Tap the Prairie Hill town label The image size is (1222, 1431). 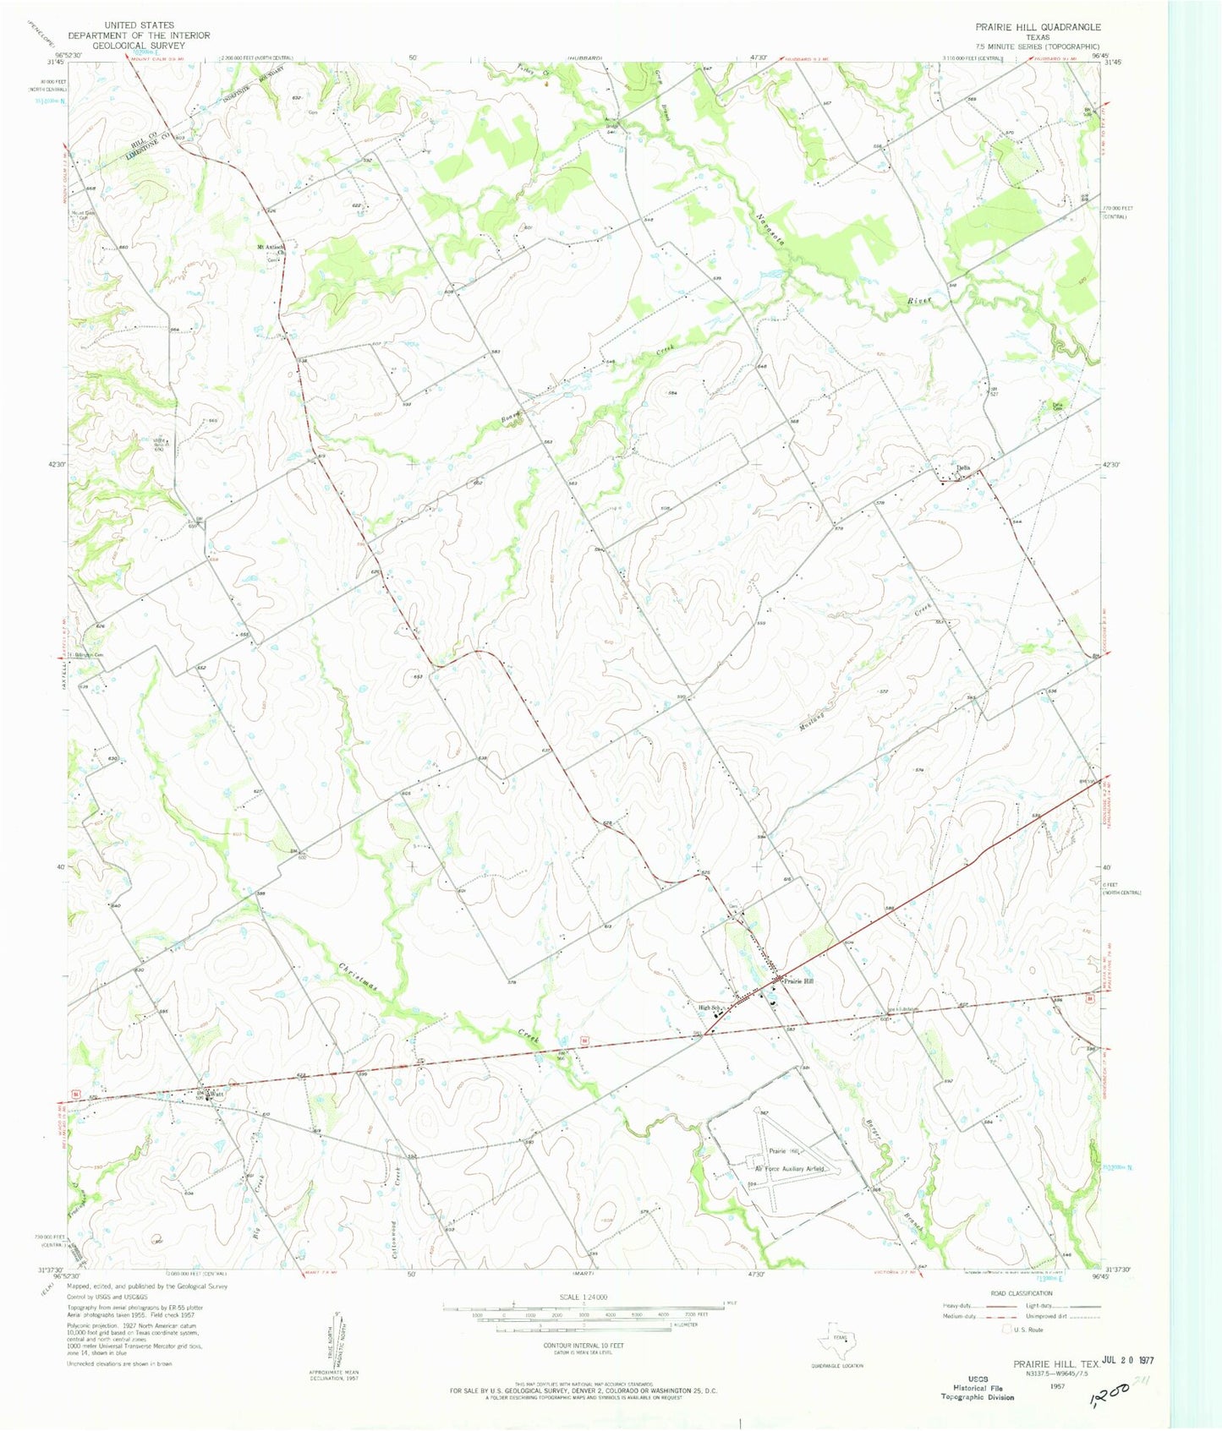pyautogui.click(x=798, y=981)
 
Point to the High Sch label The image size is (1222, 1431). pyautogui.click(x=709, y=1008)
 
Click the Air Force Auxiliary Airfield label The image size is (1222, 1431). pyautogui.click(x=793, y=1169)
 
